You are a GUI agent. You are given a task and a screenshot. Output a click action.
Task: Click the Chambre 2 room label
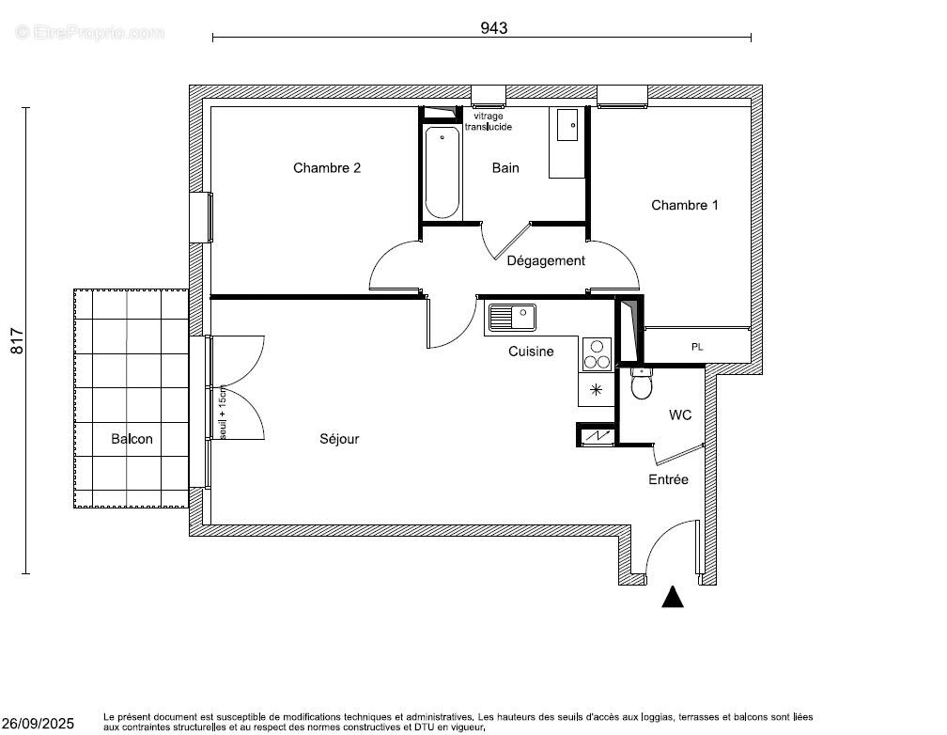[327, 168]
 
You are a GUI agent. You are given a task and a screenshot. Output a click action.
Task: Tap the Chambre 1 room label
[684, 205]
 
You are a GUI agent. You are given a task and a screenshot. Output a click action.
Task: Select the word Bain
[505, 168]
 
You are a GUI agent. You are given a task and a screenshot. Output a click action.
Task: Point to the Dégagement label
[546, 260]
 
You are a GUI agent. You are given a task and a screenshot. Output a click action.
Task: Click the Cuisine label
[531, 352]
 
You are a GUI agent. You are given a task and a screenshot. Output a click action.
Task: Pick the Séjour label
[339, 439]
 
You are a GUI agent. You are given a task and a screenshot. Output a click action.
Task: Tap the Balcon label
[132, 439]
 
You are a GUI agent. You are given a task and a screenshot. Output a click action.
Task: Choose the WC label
[680, 414]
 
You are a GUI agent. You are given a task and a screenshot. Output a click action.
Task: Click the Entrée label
[668, 479]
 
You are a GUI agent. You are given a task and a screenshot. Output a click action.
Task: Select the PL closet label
[697, 347]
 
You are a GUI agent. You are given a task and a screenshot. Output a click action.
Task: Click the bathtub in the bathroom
[442, 173]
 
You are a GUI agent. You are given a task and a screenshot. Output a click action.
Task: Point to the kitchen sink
[511, 318]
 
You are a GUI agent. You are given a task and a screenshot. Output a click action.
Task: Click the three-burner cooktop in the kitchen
[596, 354]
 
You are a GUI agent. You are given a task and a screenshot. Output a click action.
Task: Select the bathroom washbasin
[567, 126]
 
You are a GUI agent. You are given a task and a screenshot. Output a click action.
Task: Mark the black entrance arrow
[672, 597]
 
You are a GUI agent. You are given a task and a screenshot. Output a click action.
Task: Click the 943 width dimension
[494, 28]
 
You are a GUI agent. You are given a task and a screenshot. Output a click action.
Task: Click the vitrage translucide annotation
[488, 121]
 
